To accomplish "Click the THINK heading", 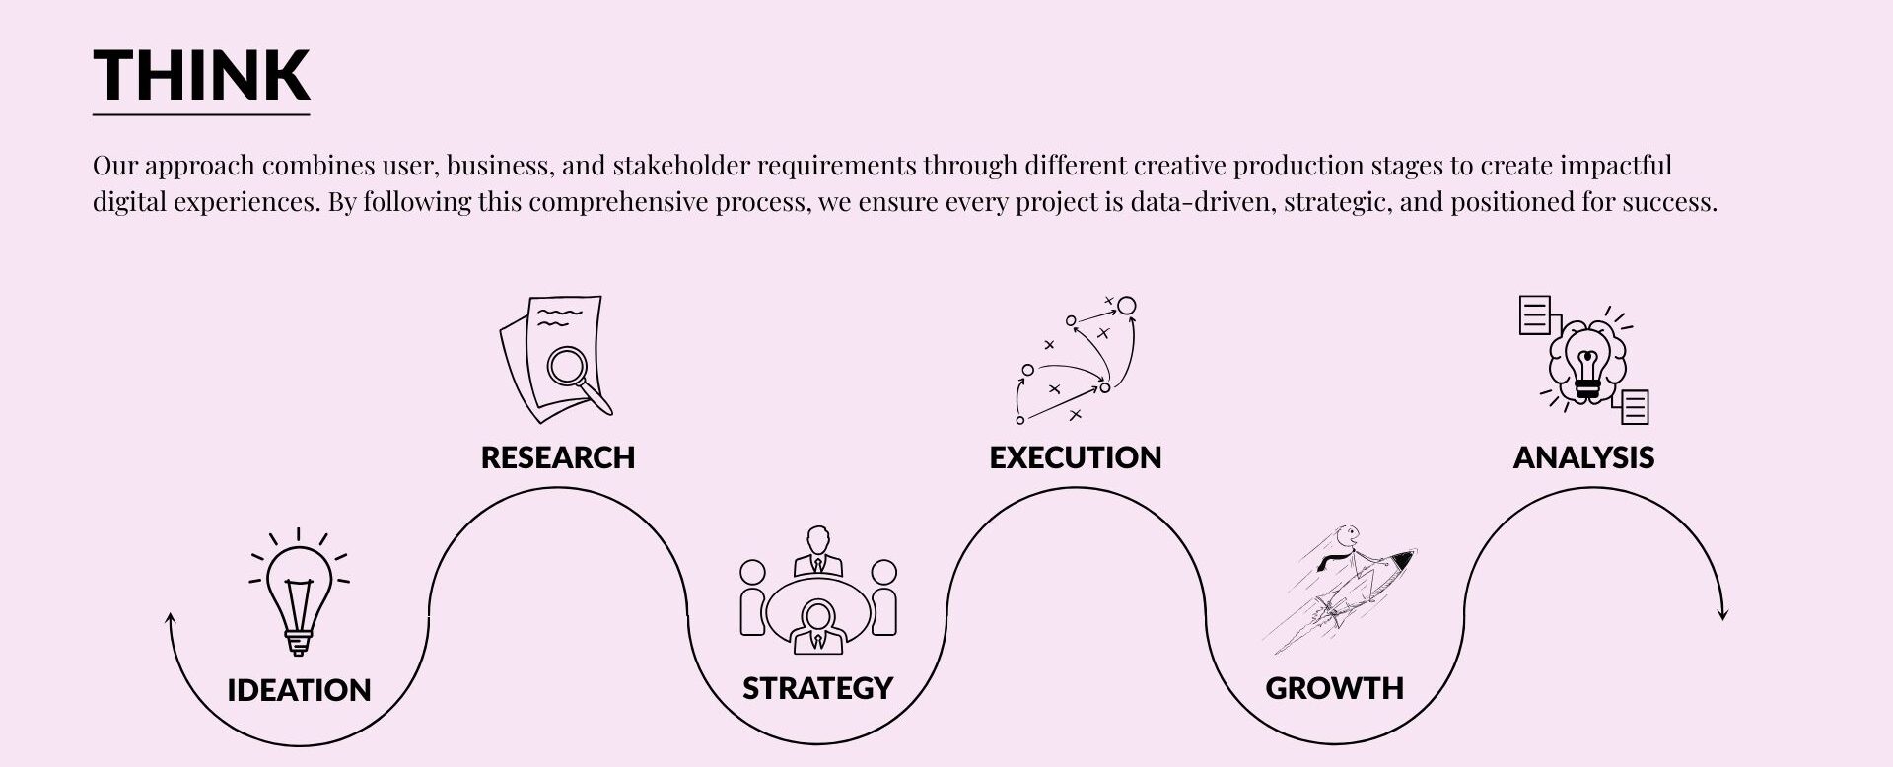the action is point(202,75).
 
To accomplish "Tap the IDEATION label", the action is point(299,690).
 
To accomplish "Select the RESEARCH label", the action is point(558,457).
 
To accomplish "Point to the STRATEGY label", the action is point(817,688).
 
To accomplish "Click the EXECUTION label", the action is point(1076,457).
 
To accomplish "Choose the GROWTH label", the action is point(1335,688).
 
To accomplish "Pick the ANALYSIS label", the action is point(1583,457).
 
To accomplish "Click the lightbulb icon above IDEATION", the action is point(299,593).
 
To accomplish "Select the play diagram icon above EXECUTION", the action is point(1076,360).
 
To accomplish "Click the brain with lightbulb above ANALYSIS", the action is point(1584,361).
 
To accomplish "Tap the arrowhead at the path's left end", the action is point(170,618).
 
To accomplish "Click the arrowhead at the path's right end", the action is point(1723,614).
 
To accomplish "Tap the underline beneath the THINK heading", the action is point(201,115).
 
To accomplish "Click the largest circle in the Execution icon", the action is point(1127,306).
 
